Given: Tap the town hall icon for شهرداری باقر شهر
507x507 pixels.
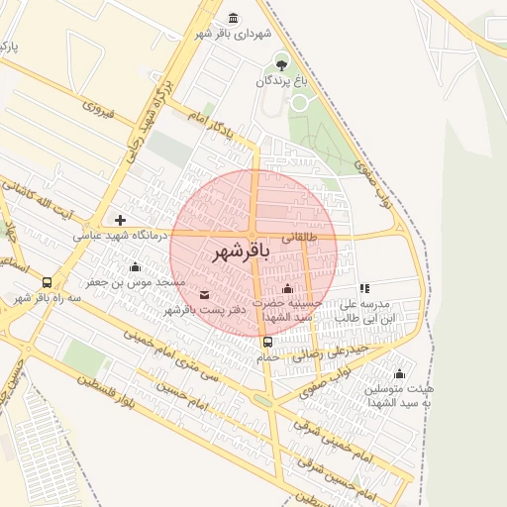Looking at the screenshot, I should point(233,19).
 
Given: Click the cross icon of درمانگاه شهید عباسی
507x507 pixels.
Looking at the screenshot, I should point(121,220).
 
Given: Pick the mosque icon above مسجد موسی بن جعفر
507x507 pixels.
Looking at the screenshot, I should point(136,266).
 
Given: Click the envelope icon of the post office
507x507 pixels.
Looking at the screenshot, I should point(205,294).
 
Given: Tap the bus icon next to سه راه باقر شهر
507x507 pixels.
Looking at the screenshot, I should point(49,281).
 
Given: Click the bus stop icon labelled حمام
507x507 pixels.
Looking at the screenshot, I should point(267,343).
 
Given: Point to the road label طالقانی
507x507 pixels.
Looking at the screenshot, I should point(300,238).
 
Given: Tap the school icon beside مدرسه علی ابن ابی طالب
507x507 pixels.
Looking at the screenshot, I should point(364,288).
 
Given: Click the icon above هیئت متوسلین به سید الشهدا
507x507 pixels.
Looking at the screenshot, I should point(399,373).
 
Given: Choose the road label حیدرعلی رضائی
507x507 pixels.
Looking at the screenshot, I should point(337,351).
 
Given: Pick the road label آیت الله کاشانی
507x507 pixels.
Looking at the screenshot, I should point(44,194).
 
